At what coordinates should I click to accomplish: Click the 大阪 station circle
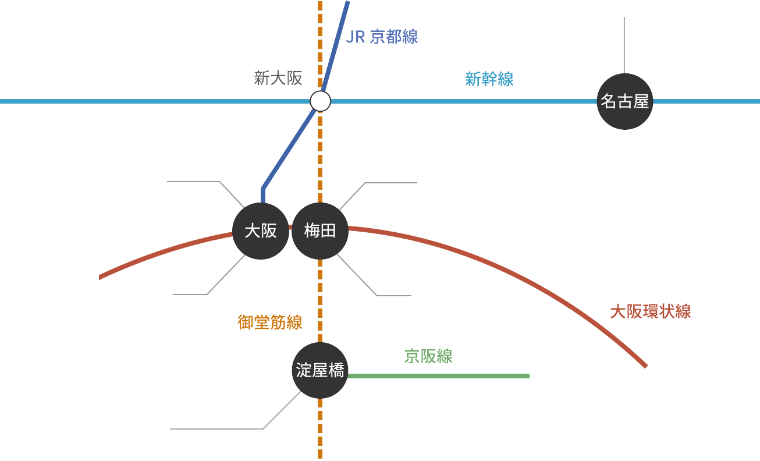coord(261,231)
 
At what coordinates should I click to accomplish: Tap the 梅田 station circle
coord(320,231)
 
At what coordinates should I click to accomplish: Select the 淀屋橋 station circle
coord(320,370)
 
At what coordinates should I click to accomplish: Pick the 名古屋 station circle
coord(625,102)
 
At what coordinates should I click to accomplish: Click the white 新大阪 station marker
coord(320,101)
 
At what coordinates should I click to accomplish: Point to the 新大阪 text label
coord(278,79)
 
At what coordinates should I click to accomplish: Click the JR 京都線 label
coord(382,37)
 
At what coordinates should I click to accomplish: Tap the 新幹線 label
coord(489,79)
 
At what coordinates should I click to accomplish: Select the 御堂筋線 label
coord(270,322)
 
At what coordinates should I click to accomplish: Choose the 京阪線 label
coord(429,356)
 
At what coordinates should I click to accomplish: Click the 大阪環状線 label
coord(650,311)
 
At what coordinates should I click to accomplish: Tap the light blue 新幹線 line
coord(466,101)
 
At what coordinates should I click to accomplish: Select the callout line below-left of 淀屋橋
coord(233,429)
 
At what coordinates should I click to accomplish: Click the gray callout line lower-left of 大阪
coord(221,280)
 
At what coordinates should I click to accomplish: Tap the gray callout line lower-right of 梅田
coord(361,280)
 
